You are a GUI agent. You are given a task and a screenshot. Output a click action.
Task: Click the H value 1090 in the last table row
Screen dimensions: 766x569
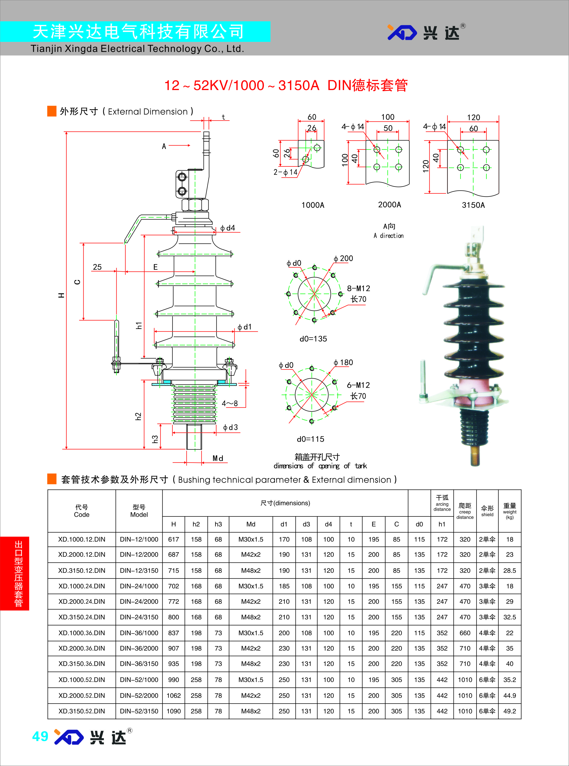(174, 711)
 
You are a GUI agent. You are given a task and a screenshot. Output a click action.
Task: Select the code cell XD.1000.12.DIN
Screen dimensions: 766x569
(82, 539)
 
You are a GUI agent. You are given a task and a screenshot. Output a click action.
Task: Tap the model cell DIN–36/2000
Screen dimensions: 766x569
(139, 648)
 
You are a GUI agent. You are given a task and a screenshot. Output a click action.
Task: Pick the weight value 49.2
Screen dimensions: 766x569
(509, 711)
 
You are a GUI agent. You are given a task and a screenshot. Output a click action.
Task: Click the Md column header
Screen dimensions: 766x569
(251, 524)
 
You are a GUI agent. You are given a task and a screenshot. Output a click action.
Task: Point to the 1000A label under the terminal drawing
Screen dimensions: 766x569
(313, 205)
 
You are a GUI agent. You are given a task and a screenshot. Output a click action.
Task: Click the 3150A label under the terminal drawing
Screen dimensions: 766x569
(473, 205)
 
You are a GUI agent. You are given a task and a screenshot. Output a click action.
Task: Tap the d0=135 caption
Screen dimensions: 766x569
(313, 339)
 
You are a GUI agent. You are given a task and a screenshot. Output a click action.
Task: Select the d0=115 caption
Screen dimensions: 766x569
(310, 439)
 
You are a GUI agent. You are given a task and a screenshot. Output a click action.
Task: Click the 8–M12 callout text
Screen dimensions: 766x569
(358, 288)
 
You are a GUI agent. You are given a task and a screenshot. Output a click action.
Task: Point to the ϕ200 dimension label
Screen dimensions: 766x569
(343, 258)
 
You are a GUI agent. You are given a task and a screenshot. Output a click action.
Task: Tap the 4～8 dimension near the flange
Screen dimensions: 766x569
(230, 403)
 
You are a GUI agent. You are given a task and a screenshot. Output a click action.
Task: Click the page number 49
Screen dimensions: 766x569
(40, 736)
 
